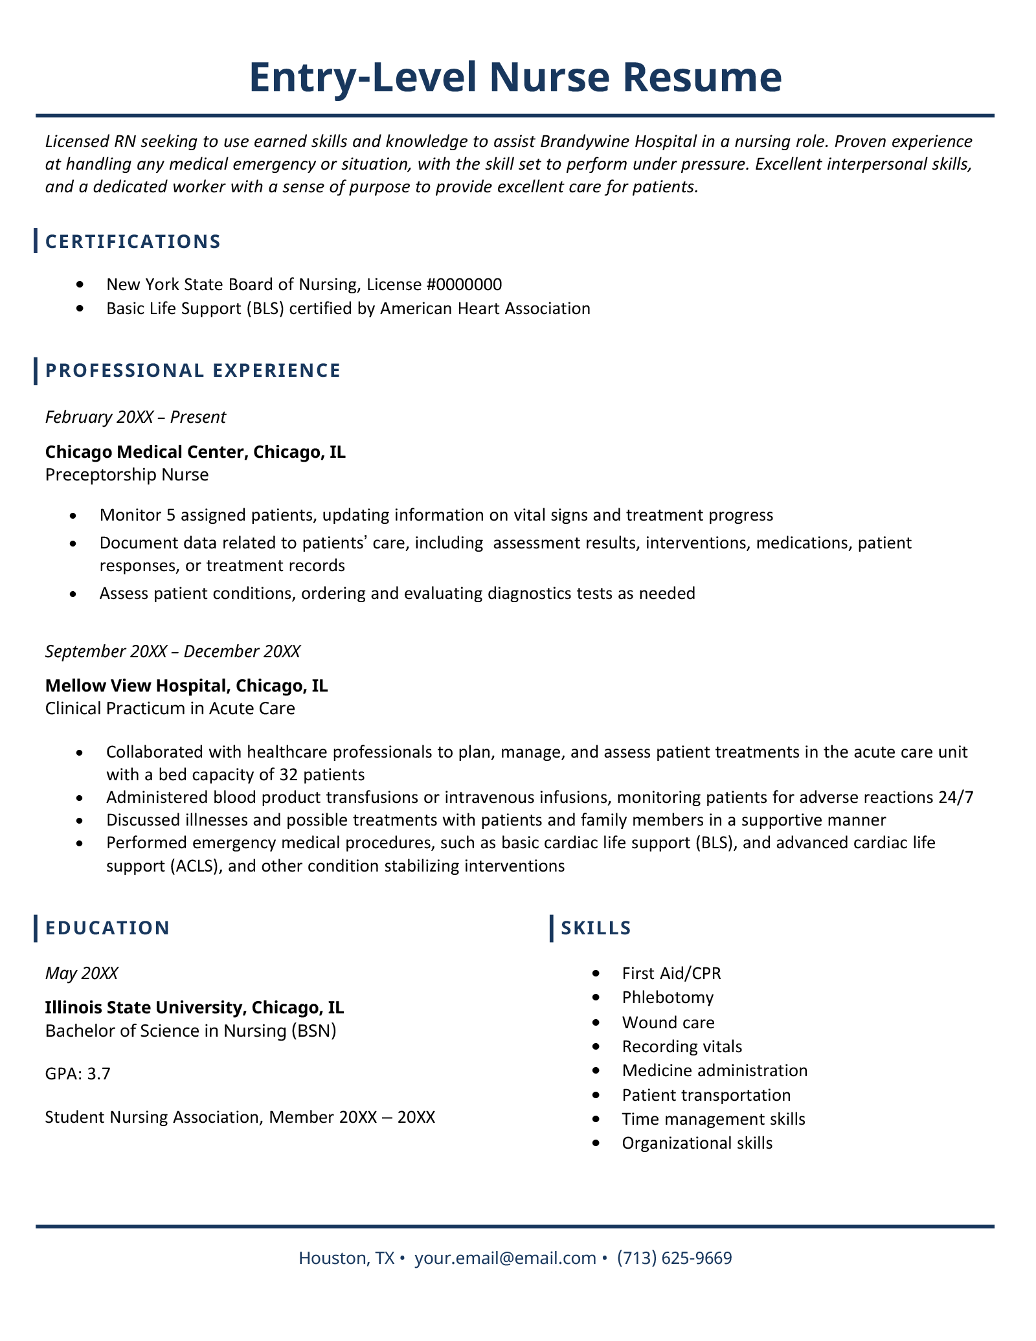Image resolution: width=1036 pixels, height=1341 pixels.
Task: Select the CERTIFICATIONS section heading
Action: click(133, 242)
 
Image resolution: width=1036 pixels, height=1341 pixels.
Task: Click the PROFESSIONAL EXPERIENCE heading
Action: click(192, 370)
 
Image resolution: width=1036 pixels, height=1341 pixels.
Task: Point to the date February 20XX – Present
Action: click(135, 417)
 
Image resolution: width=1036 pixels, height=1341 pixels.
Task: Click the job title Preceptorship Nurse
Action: click(127, 475)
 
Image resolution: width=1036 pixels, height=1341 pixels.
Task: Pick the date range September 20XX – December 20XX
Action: click(173, 651)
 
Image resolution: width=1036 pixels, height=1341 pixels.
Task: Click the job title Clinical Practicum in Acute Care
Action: click(170, 708)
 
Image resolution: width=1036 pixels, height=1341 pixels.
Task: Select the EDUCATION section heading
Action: click(107, 928)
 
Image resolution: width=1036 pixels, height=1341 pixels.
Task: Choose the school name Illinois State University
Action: click(145, 1008)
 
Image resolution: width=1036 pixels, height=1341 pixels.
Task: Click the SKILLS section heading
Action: click(596, 928)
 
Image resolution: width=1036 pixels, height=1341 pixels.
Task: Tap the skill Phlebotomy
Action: click(668, 997)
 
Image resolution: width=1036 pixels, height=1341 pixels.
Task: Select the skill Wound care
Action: click(668, 1022)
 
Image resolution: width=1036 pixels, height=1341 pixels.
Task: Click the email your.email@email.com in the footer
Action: click(505, 1257)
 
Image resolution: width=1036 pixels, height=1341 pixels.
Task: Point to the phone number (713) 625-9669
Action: click(674, 1257)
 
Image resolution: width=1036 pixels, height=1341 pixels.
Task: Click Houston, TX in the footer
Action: click(346, 1257)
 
